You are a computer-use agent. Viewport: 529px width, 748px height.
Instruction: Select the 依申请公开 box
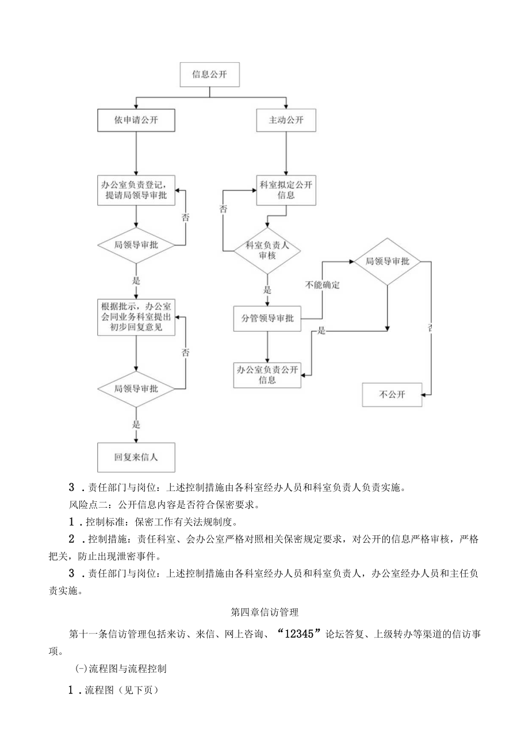click(x=136, y=121)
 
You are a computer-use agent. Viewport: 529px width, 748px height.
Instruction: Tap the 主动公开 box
click(x=286, y=121)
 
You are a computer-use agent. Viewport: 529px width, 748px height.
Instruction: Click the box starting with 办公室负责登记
click(x=136, y=189)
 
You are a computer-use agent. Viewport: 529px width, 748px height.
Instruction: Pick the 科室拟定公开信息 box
click(x=286, y=189)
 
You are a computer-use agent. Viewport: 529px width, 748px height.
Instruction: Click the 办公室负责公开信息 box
click(x=266, y=375)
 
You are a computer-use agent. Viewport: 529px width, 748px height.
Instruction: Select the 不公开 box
click(x=392, y=395)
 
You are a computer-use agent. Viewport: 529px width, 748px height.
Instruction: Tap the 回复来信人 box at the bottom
click(x=136, y=457)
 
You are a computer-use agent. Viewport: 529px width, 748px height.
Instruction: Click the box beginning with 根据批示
click(x=136, y=317)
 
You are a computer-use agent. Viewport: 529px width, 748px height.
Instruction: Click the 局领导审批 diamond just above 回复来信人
click(x=136, y=388)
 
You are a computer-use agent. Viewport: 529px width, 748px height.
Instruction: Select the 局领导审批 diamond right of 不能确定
click(x=387, y=262)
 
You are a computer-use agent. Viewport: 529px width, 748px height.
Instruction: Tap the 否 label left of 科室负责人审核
click(x=223, y=210)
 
